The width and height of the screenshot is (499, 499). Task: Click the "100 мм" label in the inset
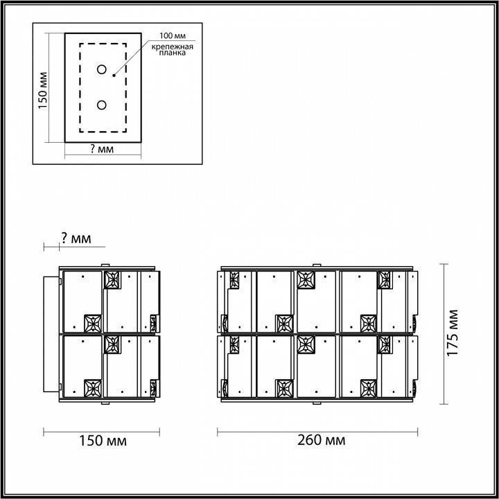pos(172,35)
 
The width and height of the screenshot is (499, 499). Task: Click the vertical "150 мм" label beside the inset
pos(42,90)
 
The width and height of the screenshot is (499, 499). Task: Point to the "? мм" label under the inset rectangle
pos(102,149)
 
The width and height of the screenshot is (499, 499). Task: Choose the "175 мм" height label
pos(453,333)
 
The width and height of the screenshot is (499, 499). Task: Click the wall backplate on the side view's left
pos(52,334)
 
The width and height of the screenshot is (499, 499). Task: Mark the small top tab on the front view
pos(317,265)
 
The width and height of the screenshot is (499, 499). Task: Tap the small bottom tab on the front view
pos(317,403)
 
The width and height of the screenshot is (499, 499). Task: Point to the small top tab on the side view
pos(105,265)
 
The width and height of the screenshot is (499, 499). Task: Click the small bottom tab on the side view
pos(105,403)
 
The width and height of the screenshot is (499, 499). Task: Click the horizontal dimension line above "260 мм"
pos(318,431)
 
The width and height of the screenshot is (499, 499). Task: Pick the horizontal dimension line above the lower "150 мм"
pos(103,431)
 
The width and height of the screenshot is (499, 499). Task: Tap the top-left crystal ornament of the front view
pos(234,279)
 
